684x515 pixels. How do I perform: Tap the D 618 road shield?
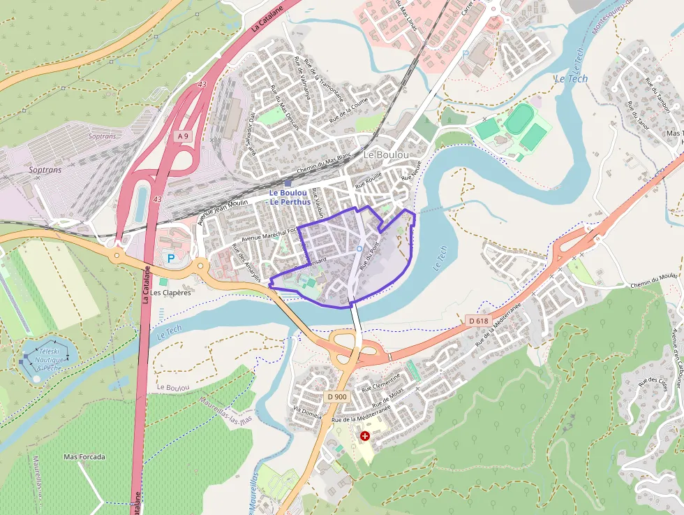[479, 321]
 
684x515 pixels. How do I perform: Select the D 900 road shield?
[336, 397]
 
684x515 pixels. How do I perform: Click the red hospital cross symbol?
[364, 436]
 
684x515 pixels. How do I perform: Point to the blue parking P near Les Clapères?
[171, 259]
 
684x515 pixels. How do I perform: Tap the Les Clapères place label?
[170, 293]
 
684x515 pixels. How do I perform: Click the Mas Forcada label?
[84, 457]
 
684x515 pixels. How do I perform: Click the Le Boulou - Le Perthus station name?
[290, 197]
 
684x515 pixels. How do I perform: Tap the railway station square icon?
[287, 183]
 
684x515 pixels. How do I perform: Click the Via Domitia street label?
[308, 412]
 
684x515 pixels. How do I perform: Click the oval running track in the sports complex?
[519, 119]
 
